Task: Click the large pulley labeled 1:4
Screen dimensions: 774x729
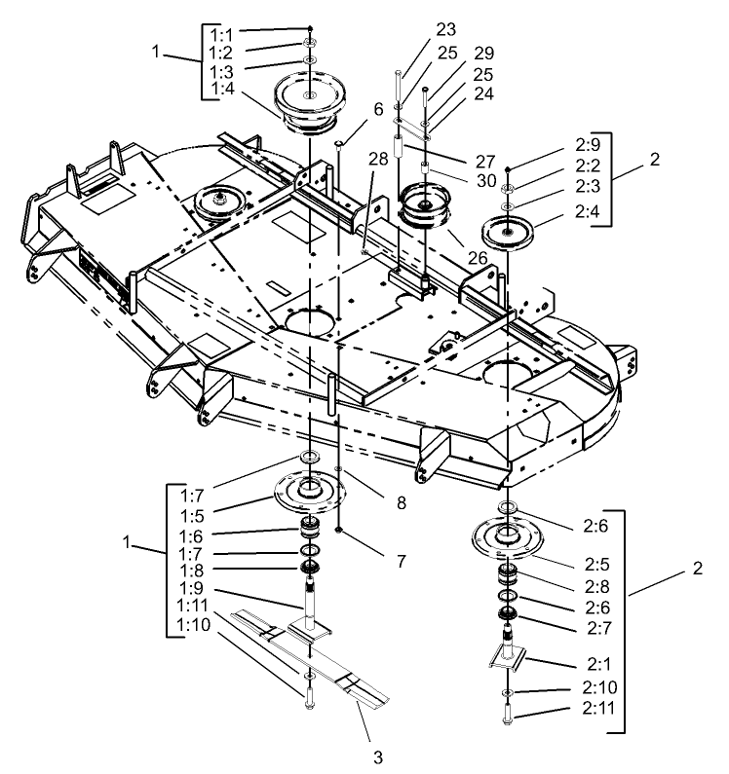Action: coord(307,99)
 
